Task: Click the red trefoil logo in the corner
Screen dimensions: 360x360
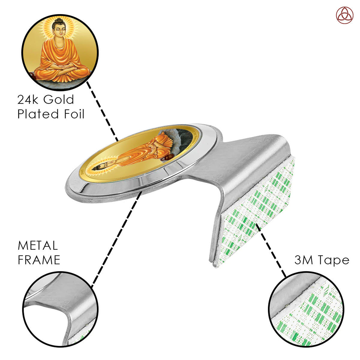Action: [344, 15]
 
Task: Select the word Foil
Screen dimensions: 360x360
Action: [74, 114]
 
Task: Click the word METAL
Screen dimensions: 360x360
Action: [38, 245]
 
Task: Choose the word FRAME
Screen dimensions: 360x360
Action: [39, 260]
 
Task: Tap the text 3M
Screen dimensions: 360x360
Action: [304, 260]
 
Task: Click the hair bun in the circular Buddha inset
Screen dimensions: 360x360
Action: [59, 21]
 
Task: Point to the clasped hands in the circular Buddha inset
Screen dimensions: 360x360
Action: [61, 67]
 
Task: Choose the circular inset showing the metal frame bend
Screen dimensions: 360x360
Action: [61, 309]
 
